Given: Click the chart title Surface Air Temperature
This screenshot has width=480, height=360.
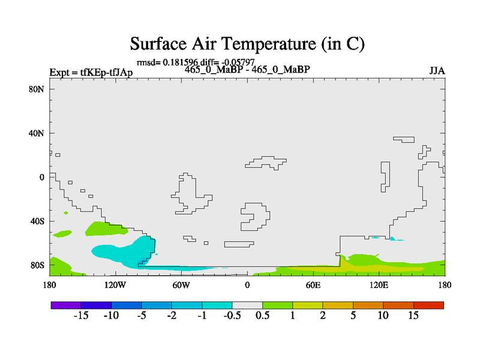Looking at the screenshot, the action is coord(247,43).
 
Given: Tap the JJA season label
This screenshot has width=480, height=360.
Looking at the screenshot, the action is coord(437,71).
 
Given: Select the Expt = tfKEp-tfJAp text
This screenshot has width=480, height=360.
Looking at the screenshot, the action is coord(91,73).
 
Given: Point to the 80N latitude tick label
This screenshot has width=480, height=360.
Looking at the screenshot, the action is coord(37,89).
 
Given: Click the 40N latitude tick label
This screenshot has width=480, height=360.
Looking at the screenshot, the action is coord(37,133).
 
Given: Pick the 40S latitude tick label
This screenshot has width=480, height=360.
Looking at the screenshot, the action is coord(37,221).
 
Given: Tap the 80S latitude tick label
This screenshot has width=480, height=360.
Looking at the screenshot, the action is coord(37,265).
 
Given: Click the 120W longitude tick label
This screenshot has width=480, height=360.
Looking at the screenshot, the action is coord(115,285).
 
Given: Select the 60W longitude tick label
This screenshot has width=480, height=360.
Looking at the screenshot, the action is coord(181,285).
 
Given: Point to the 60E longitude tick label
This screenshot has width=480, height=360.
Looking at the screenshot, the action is coord(313,285).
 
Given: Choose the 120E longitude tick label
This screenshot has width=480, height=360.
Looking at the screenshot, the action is coord(379,285).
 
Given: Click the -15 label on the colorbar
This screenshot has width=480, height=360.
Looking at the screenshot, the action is coord(81,316).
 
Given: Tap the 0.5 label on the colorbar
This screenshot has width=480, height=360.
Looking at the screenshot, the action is coord(262,316).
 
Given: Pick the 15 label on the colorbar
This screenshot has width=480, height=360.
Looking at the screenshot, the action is coord(413,316).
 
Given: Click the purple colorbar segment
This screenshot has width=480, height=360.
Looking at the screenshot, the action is coord(66,305).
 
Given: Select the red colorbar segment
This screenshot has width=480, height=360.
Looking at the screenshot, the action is coord(428,305).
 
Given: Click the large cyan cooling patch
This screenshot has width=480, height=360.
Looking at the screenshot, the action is coord(125,251).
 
